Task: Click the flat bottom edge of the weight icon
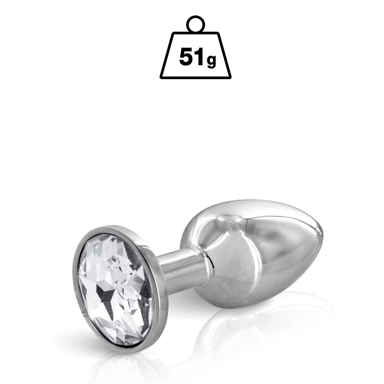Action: [195, 77]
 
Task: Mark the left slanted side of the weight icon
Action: [167, 55]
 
